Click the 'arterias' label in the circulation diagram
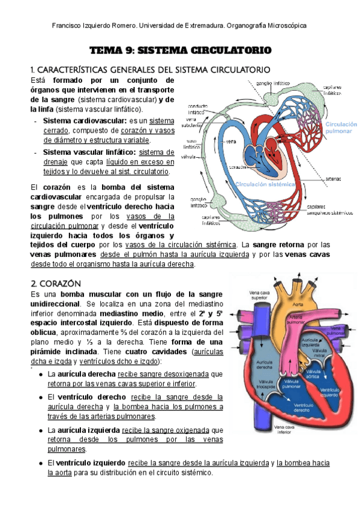coord(334,178)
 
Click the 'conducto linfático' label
coord(200,109)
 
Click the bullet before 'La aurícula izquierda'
coord(39,430)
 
